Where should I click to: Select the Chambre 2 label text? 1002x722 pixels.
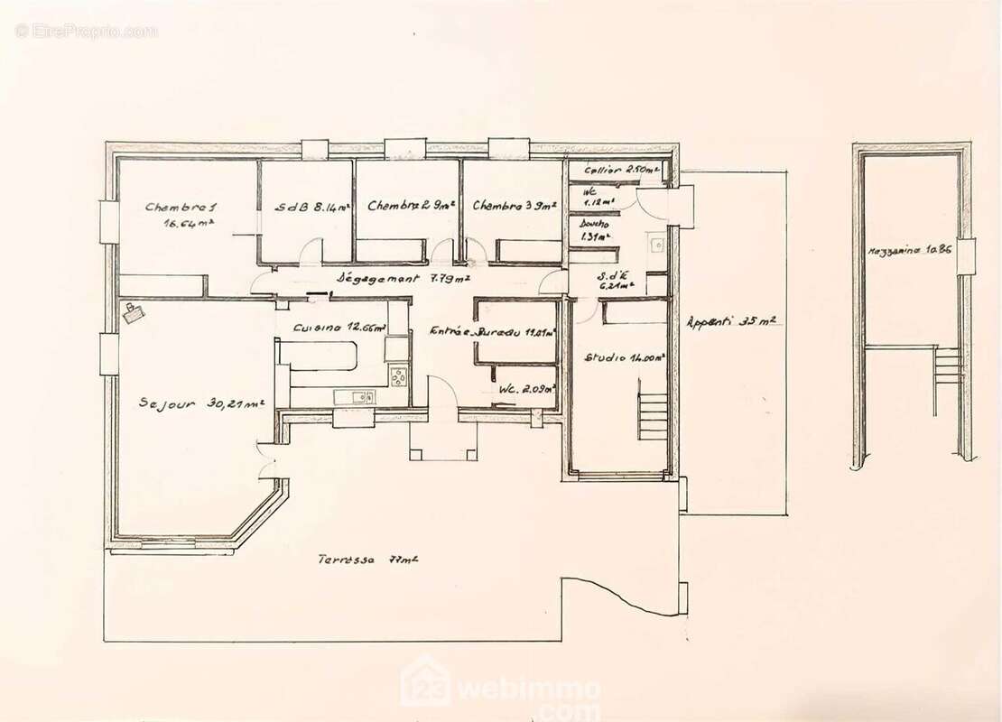(x=409, y=206)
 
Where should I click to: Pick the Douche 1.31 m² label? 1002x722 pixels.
(x=595, y=229)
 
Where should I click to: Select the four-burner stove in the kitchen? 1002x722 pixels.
(x=398, y=372)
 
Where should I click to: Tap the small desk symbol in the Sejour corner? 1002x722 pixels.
(x=135, y=312)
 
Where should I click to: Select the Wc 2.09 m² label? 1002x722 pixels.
(x=525, y=389)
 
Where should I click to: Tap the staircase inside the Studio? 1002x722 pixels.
(x=653, y=410)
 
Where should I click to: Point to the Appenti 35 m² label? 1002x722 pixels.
(x=731, y=320)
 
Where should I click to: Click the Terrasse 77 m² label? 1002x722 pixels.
(x=366, y=559)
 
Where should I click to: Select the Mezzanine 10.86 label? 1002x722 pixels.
(x=914, y=250)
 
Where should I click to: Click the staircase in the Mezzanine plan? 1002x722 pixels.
(x=947, y=369)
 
